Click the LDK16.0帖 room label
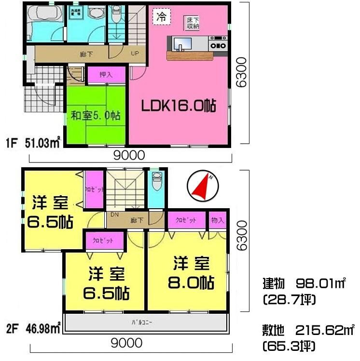(178, 106)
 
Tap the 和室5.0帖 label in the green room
(96, 116)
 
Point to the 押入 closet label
(106, 75)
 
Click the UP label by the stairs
(136, 53)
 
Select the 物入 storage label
(218, 220)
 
